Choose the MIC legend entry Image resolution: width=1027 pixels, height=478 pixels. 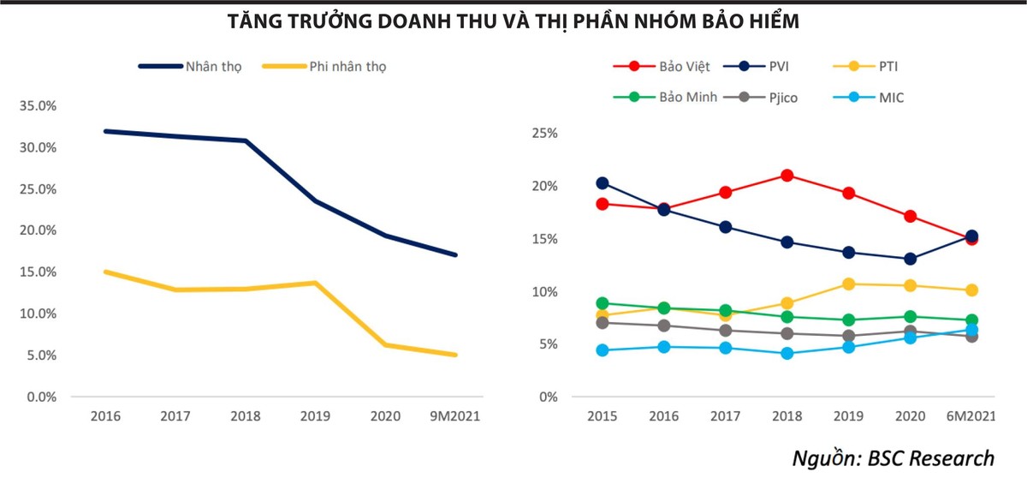pyautogui.click(x=890, y=98)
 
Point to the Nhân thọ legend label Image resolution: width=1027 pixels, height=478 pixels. pyautogui.click(x=213, y=66)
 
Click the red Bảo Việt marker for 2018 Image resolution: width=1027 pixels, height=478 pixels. pyautogui.click(x=788, y=176)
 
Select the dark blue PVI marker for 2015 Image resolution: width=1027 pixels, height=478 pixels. pyautogui.click(x=602, y=183)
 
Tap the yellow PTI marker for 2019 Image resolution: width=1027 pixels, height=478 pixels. pyautogui.click(x=849, y=284)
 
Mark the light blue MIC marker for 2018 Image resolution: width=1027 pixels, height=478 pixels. pyautogui.click(x=787, y=353)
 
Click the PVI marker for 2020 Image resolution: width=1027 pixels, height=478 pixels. pyautogui.click(x=911, y=259)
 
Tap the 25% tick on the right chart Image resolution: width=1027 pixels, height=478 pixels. pyautogui.click(x=544, y=134)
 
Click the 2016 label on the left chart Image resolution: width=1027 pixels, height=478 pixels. pyautogui.click(x=105, y=417)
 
